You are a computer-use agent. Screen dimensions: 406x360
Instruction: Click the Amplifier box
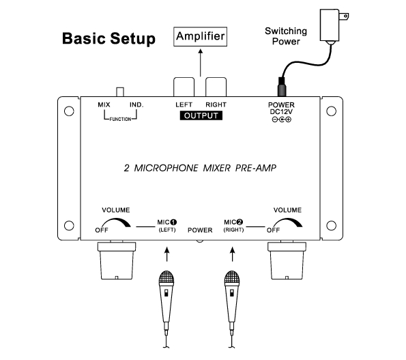tap(200, 36)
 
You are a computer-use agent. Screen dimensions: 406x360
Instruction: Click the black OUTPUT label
tap(201, 115)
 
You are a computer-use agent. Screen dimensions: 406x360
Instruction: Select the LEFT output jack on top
tap(184, 87)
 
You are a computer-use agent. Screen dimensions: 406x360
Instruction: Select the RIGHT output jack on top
tap(216, 87)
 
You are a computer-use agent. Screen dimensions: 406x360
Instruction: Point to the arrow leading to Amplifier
tap(201, 62)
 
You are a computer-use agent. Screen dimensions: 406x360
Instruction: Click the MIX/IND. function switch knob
tap(120, 92)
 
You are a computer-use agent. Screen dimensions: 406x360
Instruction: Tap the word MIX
tap(104, 105)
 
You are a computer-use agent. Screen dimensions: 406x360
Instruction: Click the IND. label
tap(136, 105)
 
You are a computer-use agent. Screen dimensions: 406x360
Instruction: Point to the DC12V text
tap(281, 112)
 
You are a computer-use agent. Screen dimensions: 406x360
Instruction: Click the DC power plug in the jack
tap(282, 87)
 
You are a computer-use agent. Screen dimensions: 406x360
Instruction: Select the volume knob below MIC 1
tap(117, 260)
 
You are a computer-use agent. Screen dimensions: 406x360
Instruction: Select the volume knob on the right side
tap(287, 260)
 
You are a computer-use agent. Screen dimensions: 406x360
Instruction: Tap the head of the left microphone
tap(166, 277)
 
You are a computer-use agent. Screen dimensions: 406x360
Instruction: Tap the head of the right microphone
tap(232, 277)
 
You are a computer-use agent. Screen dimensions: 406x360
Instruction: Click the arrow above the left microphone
tap(167, 254)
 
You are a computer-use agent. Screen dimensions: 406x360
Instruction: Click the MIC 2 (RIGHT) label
tap(233, 225)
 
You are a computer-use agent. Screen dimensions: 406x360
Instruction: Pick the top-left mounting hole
tap(69, 111)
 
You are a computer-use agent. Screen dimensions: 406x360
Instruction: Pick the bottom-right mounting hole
tap(331, 225)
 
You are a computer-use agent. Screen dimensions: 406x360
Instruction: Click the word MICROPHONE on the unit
tap(166, 168)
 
